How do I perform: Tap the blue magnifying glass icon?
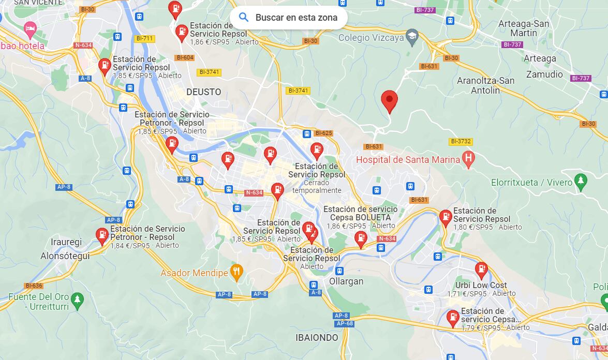point(244,18)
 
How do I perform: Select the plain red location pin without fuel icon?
point(389,100)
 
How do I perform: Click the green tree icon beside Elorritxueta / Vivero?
point(581,182)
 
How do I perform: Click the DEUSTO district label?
point(203,92)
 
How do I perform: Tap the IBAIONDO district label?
point(317,338)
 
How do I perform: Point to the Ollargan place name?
point(346,281)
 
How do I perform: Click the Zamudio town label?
point(544,74)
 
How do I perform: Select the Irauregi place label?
point(66,242)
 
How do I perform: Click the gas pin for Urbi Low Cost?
point(481,270)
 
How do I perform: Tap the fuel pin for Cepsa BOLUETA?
point(360,238)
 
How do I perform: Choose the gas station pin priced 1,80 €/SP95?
point(445,218)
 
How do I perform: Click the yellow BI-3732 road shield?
point(461,141)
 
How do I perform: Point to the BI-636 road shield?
point(34,286)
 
